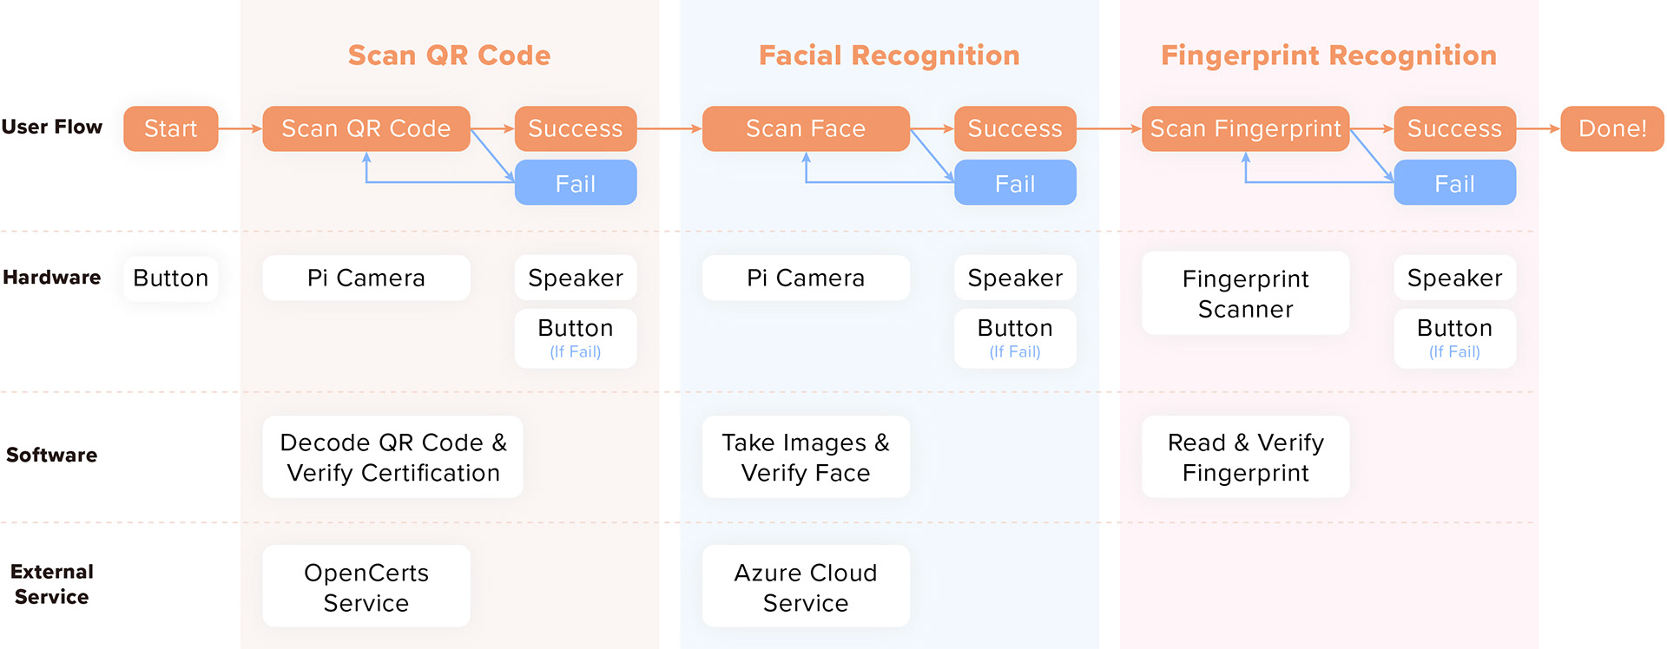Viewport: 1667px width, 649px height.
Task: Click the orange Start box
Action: pyautogui.click(x=170, y=128)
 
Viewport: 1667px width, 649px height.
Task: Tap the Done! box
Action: pyautogui.click(x=1612, y=128)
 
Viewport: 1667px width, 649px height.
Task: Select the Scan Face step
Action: pyautogui.click(x=806, y=128)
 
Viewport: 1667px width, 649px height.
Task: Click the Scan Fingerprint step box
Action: pyautogui.click(x=1245, y=128)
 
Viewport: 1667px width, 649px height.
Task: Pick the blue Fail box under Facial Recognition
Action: pyautogui.click(x=1015, y=183)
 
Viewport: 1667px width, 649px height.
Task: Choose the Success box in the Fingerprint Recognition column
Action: pyautogui.click(x=1454, y=128)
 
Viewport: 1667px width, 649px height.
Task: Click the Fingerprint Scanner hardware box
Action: pyautogui.click(x=1245, y=293)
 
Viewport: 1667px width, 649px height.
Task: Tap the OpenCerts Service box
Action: pyautogui.click(x=366, y=587)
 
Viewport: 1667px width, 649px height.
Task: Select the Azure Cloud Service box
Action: pyautogui.click(x=806, y=587)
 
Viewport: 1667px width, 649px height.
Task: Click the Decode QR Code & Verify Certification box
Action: pyautogui.click(x=392, y=456)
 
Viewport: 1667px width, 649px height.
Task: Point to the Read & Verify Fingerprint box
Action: pyautogui.click(x=1245, y=456)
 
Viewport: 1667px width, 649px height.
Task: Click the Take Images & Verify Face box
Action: pyautogui.click(x=806, y=456)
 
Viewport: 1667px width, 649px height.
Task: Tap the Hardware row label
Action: pyautogui.click(x=52, y=278)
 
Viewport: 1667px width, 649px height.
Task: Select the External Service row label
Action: pyautogui.click(x=52, y=584)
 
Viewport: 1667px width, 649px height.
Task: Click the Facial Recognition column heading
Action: pyautogui.click(x=889, y=56)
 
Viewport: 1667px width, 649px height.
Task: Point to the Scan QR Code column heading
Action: pyautogui.click(x=449, y=56)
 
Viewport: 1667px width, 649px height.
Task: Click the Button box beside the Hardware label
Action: pyautogui.click(x=170, y=278)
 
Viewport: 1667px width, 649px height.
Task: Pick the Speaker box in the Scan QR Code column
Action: pyautogui.click(x=575, y=278)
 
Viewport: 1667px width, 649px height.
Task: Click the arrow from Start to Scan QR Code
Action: pyautogui.click(x=240, y=128)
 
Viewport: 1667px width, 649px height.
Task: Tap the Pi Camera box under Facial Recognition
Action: pyautogui.click(x=806, y=278)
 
